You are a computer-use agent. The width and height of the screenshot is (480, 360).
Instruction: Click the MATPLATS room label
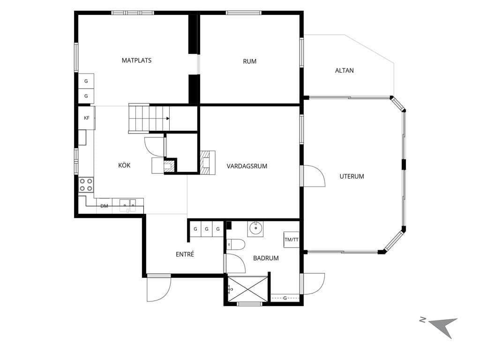(x=136, y=60)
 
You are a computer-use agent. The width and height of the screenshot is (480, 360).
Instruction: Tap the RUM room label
(x=249, y=61)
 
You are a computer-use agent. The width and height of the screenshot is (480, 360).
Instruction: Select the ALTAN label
(x=345, y=70)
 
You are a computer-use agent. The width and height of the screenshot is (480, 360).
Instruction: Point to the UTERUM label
(x=352, y=176)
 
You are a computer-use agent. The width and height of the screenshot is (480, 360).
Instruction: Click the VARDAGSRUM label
(x=247, y=166)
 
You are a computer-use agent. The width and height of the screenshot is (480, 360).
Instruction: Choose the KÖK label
(x=124, y=165)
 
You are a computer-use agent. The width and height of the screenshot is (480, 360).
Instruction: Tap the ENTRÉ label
(x=185, y=254)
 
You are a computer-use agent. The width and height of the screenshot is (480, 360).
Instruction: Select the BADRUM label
(x=266, y=258)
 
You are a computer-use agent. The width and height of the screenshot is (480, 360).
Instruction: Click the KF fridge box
(x=87, y=118)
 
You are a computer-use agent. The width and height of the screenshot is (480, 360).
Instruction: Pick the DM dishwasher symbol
(x=105, y=206)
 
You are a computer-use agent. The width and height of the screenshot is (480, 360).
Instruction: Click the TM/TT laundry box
(x=292, y=240)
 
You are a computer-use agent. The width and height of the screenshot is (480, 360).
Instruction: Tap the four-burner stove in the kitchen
(x=86, y=185)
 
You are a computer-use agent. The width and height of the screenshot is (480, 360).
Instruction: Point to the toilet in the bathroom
(x=236, y=245)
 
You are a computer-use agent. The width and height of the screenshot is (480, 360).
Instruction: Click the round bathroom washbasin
(x=255, y=228)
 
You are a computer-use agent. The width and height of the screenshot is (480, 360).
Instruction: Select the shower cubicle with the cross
(x=247, y=289)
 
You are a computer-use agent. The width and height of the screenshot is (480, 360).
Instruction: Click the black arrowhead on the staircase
(x=168, y=119)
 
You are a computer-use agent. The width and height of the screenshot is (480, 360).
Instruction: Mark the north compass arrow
(x=443, y=326)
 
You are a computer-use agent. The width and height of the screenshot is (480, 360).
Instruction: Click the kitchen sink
(x=128, y=203)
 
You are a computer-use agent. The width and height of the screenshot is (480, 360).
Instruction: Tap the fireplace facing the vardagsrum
(x=208, y=163)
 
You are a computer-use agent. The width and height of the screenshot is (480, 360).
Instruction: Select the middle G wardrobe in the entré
(x=207, y=229)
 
